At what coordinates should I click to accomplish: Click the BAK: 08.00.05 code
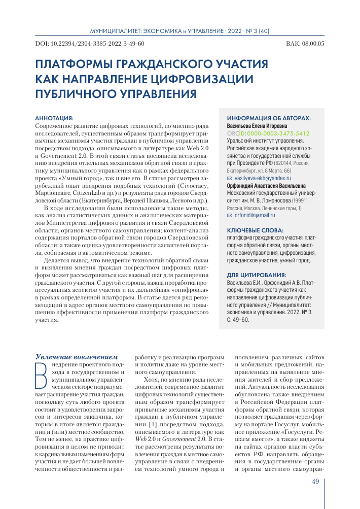pyautogui.click(x=305, y=44)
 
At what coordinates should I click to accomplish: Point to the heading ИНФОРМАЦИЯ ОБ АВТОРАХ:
pyautogui.click(x=269, y=117)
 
